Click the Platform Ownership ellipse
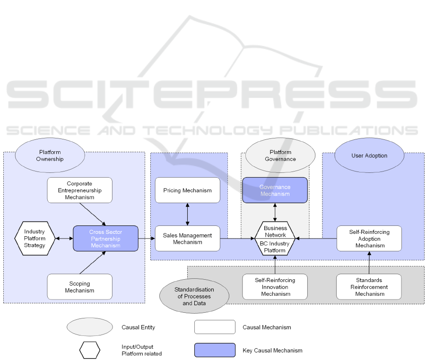[50, 155]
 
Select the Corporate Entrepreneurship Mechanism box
[79, 190]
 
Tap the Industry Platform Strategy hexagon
[35, 238]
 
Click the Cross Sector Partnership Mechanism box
[105, 238]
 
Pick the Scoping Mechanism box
[79, 287]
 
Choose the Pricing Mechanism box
[187, 190]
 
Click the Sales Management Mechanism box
[187, 238]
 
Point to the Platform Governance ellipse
[280, 155]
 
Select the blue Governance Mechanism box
[275, 190]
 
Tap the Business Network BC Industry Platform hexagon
[275, 239]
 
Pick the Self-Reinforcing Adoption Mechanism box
[369, 238]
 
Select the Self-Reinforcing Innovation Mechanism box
[275, 287]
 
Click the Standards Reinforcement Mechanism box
[369, 287]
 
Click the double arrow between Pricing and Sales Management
[188, 214]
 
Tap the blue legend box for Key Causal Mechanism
[215, 350]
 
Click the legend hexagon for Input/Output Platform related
[90, 350]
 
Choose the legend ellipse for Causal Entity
[90, 327]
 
